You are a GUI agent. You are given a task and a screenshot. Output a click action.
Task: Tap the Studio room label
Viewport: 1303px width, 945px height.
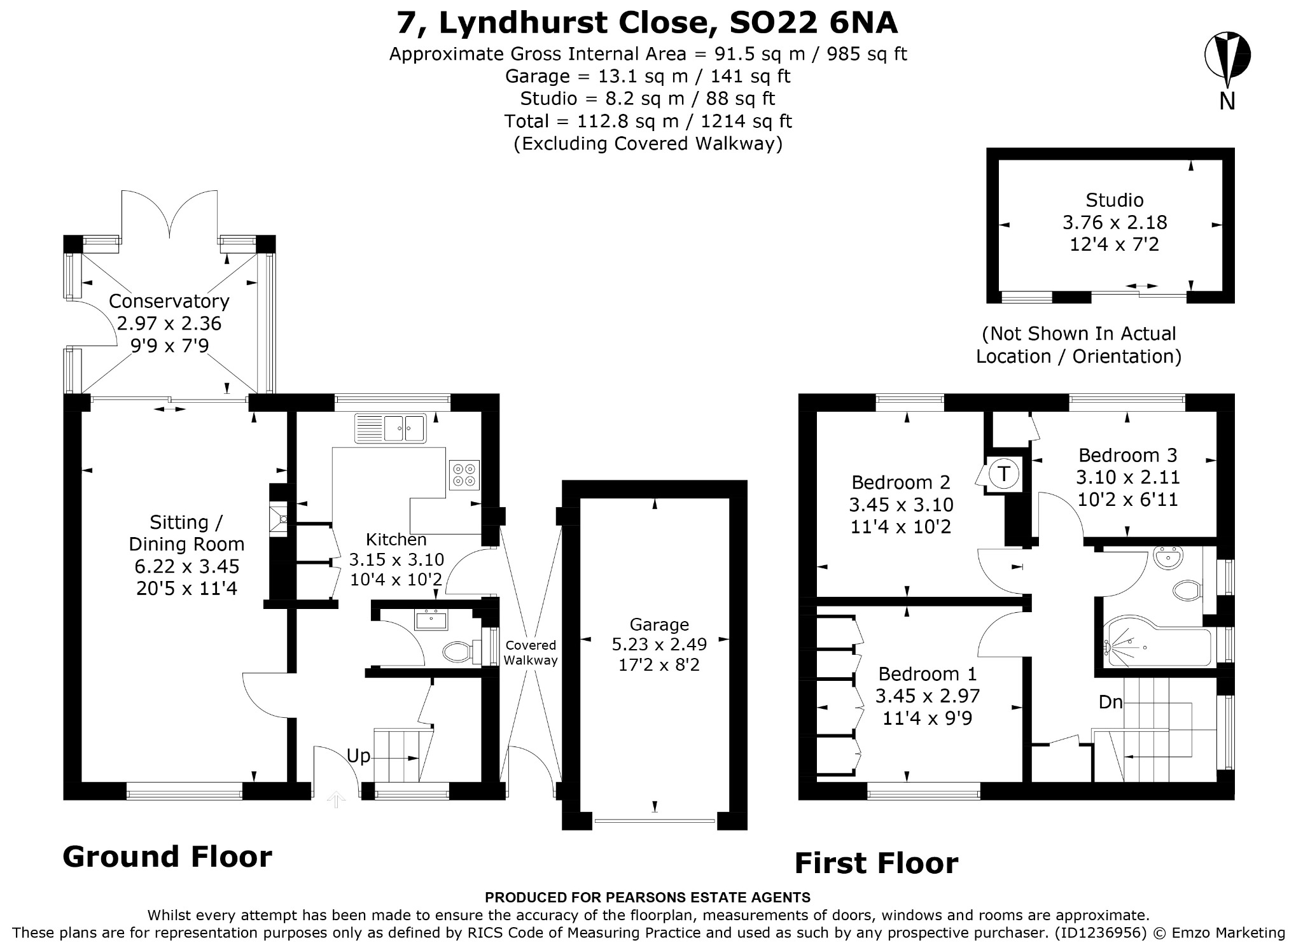click(x=1114, y=200)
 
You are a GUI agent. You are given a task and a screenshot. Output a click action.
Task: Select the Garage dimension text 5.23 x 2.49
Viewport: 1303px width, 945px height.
click(x=659, y=645)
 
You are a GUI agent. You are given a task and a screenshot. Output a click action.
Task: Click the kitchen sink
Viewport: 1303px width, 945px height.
click(x=391, y=428)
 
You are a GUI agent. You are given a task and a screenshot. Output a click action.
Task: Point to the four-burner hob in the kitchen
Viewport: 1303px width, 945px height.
click(x=464, y=475)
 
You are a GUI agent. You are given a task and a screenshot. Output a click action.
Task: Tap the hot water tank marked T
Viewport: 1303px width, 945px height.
click(x=1004, y=474)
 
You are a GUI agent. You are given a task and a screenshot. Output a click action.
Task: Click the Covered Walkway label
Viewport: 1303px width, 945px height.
click(x=531, y=653)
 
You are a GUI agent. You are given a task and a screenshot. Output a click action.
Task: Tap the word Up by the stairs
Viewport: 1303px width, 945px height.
click(x=358, y=756)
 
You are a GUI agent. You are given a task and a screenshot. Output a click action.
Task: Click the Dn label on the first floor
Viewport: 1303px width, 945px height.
click(x=1110, y=702)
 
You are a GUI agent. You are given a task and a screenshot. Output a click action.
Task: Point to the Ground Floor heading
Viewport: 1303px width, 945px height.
click(x=167, y=857)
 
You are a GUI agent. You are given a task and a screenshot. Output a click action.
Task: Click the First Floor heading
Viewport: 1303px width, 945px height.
click(x=876, y=864)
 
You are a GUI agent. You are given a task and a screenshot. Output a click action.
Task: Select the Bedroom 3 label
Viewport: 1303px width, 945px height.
click(x=1128, y=455)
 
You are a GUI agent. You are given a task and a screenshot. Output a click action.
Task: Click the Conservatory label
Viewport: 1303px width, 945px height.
click(x=169, y=301)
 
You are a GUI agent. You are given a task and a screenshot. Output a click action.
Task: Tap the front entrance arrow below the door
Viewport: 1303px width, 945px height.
click(x=336, y=799)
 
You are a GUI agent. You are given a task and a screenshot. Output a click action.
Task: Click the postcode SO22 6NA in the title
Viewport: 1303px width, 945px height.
click(x=813, y=23)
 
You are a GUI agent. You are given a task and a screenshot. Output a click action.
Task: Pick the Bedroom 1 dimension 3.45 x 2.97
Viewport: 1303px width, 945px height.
click(x=928, y=696)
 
